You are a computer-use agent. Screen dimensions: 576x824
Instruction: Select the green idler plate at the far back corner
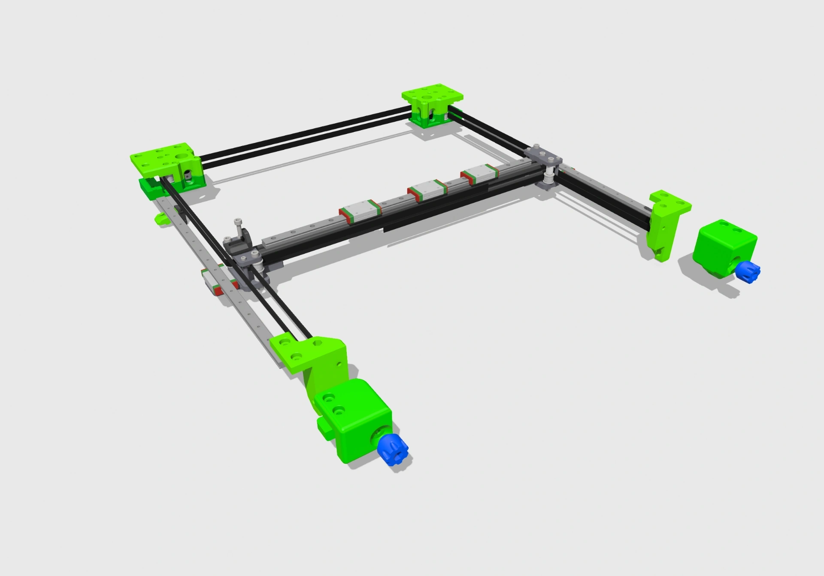click(x=433, y=97)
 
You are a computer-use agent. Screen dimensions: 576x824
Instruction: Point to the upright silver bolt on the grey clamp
click(x=238, y=227)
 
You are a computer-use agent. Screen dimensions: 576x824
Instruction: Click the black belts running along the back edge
click(x=300, y=133)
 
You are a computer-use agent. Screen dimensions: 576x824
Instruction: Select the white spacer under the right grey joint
click(x=549, y=176)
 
